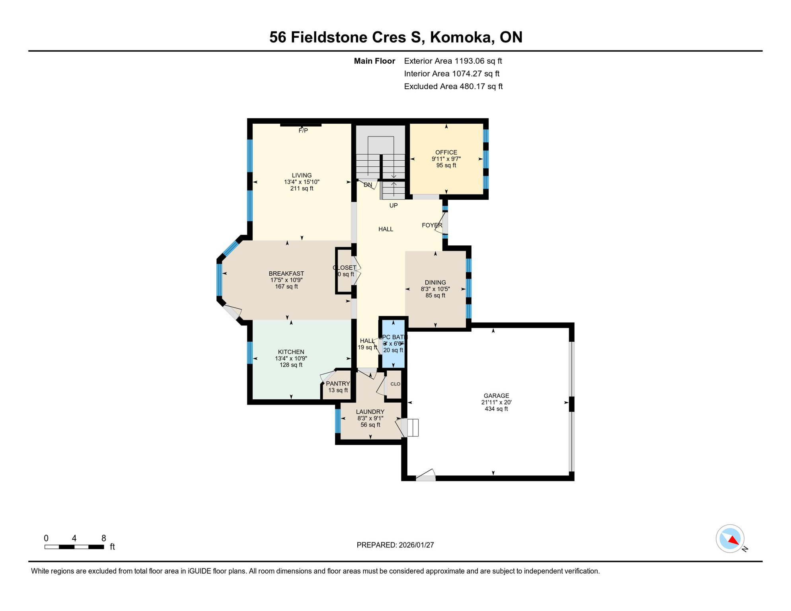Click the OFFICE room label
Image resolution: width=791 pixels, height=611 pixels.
[x=446, y=152]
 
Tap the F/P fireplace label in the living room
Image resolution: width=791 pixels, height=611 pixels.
[x=303, y=130]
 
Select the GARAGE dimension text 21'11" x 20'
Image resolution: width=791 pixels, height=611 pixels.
[x=496, y=402]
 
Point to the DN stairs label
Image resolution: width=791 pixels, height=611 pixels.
[x=368, y=185]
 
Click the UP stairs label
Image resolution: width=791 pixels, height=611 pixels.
[x=394, y=206]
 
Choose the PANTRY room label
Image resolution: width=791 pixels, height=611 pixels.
[x=338, y=383]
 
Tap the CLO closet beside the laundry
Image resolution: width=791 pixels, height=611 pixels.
[x=395, y=384]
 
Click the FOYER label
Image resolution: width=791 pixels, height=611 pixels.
[x=432, y=225]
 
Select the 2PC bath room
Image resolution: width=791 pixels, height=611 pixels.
[x=393, y=344]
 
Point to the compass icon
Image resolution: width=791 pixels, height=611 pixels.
[x=730, y=539]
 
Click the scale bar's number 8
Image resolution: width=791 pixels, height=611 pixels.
[x=103, y=538]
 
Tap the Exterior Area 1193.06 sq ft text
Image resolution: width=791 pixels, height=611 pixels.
[x=453, y=61]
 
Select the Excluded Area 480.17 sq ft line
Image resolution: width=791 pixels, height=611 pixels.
[x=453, y=86]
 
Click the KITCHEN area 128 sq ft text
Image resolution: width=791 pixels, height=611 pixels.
[x=291, y=365]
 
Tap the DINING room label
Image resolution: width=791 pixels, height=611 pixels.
[x=435, y=282]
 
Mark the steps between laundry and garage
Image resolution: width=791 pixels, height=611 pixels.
[x=413, y=428]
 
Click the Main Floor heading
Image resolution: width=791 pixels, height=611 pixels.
[x=374, y=61]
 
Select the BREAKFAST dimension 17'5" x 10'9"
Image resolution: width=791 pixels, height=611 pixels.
[x=286, y=280]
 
